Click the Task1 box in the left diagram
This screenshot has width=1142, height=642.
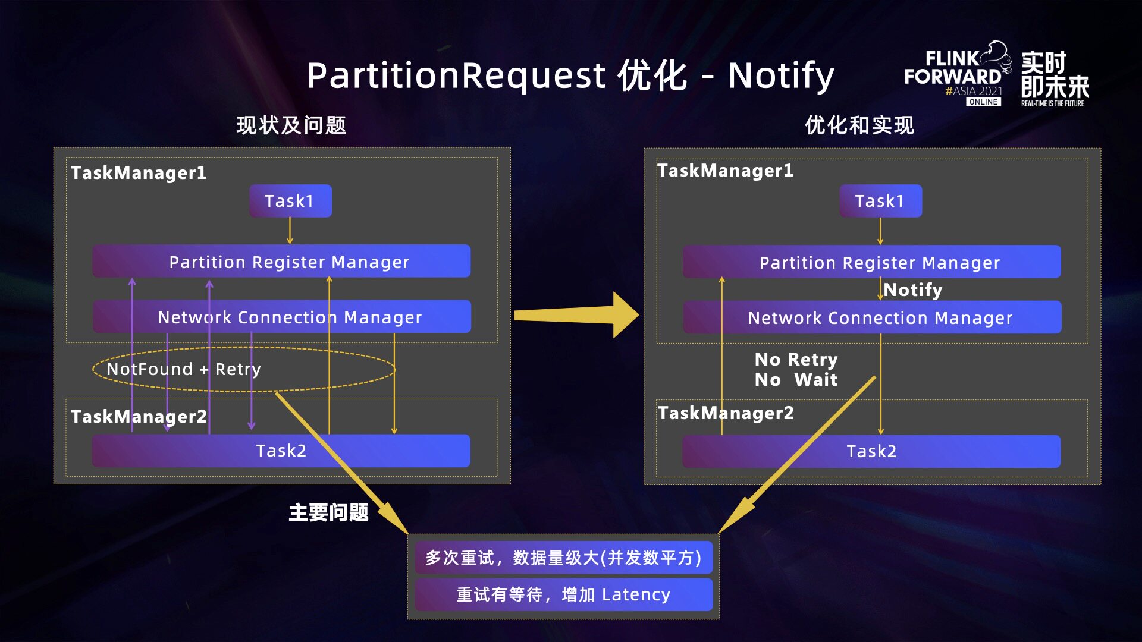290,201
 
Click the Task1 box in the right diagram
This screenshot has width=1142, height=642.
880,201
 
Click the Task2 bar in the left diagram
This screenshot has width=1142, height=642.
281,451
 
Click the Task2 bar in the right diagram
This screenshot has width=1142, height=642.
871,451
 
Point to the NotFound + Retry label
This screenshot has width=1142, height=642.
184,369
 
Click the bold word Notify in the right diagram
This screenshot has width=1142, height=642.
913,290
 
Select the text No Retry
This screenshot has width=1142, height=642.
796,359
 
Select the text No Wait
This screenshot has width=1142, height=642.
796,380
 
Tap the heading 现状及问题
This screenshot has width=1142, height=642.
291,125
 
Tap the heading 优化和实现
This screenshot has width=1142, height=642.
859,125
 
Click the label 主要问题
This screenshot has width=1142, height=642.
328,512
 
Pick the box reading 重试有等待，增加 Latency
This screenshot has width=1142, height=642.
563,594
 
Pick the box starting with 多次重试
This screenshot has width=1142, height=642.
563,558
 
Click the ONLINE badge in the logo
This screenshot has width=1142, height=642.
983,102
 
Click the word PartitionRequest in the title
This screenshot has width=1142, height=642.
456,75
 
